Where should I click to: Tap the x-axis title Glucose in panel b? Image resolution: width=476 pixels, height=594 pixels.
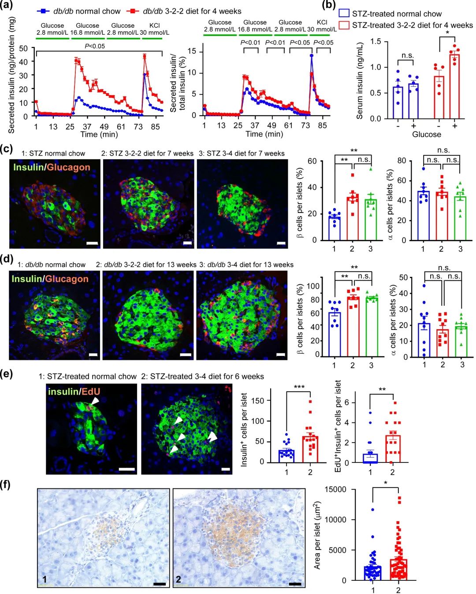(426, 134)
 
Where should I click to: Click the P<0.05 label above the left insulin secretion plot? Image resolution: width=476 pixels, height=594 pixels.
(95, 46)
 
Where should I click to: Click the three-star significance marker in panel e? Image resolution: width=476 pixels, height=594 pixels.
(299, 388)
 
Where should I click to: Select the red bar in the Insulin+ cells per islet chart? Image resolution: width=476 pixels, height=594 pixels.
(310, 449)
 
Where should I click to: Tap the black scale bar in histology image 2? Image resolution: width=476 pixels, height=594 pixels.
(295, 584)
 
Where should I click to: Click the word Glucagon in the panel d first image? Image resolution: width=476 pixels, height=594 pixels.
(67, 279)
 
